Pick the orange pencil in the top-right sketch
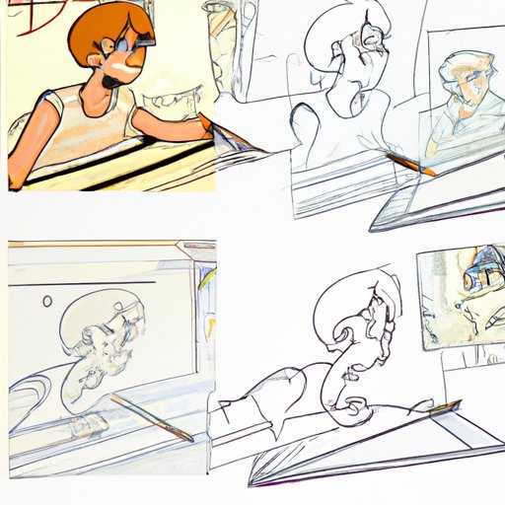click(x=409, y=162)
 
